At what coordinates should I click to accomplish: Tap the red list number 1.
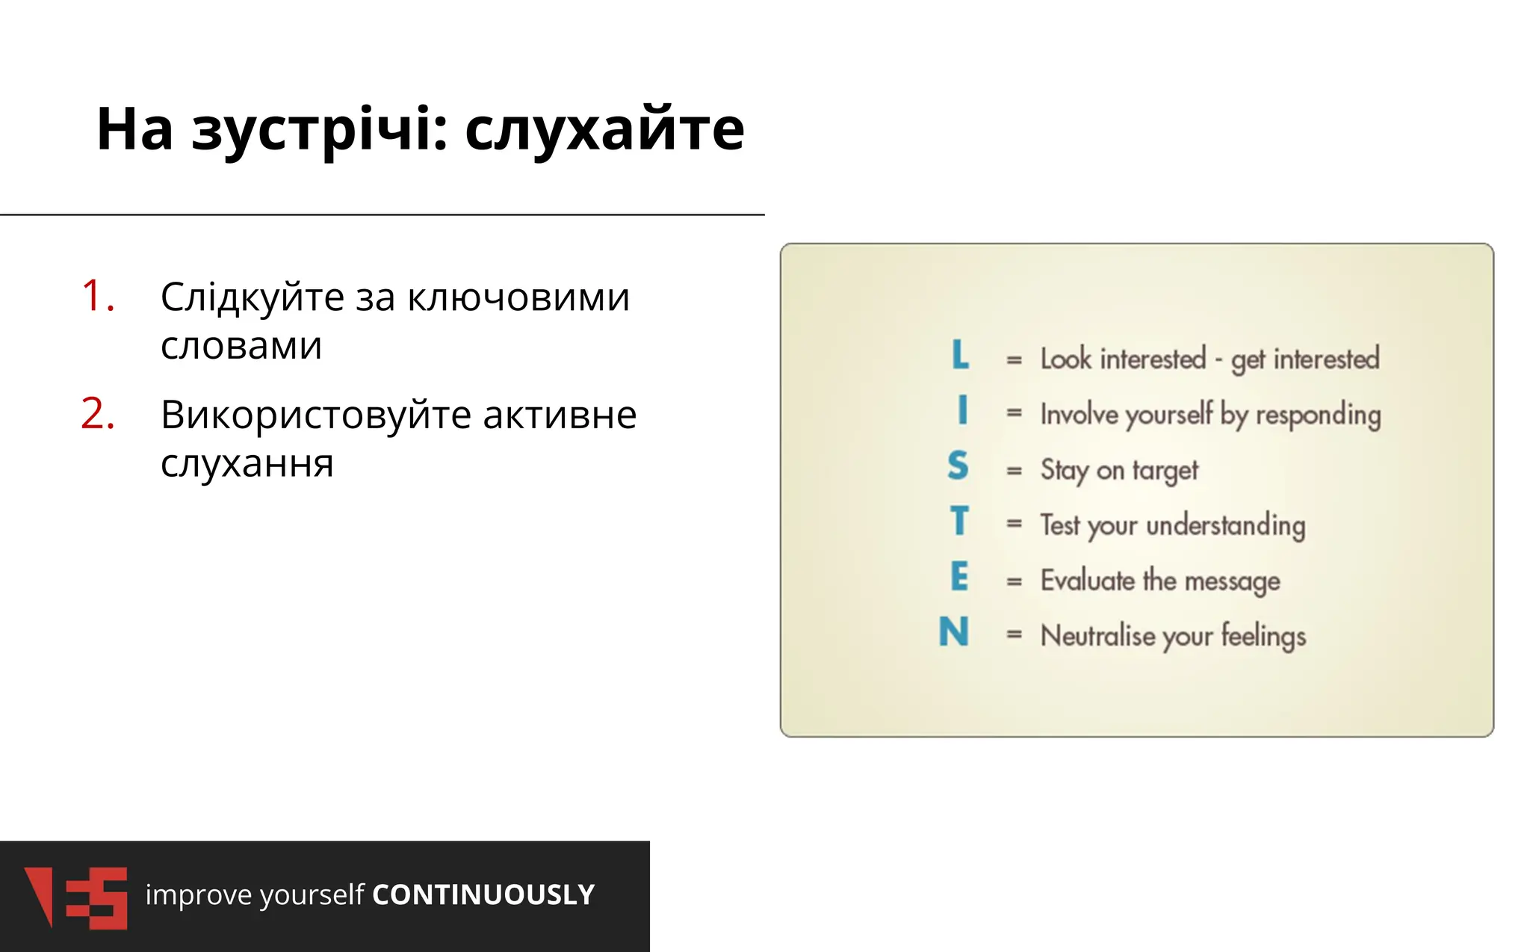pyautogui.click(x=97, y=296)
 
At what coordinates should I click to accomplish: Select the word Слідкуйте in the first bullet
pyautogui.click(x=252, y=297)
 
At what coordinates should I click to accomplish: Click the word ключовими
pyautogui.click(x=518, y=297)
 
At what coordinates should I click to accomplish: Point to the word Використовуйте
pyautogui.click(x=315, y=415)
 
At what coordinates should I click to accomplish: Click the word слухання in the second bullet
pyautogui.click(x=247, y=463)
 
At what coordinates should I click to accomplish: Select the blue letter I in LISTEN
pyautogui.click(x=962, y=410)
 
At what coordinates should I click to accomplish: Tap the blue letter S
pyautogui.click(x=958, y=466)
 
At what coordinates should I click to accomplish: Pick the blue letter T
pyautogui.click(x=959, y=521)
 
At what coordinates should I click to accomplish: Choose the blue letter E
pyautogui.click(x=959, y=577)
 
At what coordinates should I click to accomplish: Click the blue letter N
pyautogui.click(x=954, y=632)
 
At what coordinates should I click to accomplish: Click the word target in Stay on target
pyautogui.click(x=1165, y=471)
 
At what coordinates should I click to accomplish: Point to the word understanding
pyautogui.click(x=1225, y=525)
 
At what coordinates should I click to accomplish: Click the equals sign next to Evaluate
pyautogui.click(x=1014, y=581)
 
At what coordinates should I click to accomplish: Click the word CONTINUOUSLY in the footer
pyautogui.click(x=483, y=895)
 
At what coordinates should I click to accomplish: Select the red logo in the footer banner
pyautogui.click(x=75, y=897)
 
